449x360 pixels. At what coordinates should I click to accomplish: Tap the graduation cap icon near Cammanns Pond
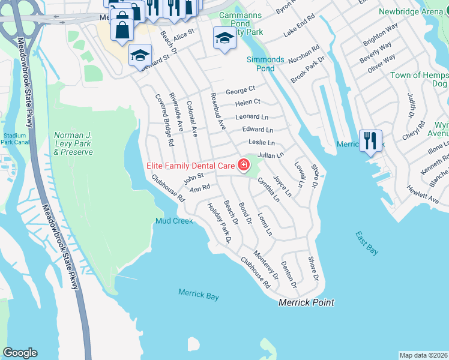tap(224, 38)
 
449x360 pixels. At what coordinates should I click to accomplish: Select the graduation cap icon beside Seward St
tap(140, 56)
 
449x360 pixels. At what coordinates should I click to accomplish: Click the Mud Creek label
tap(174, 221)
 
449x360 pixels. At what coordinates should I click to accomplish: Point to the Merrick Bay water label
tap(198, 295)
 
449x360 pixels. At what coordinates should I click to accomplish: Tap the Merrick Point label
tap(306, 302)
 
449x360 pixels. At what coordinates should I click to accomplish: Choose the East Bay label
tap(366, 244)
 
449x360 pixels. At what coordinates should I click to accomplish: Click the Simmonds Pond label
tap(265, 64)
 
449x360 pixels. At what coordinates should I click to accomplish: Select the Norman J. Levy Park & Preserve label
tap(73, 143)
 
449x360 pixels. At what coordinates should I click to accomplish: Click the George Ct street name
tap(240, 91)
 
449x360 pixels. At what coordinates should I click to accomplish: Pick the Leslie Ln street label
tap(262, 143)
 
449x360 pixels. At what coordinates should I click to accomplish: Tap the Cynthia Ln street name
tap(268, 188)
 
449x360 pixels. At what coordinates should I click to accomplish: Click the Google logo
tap(20, 353)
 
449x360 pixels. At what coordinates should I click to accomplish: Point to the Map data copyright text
tap(423, 355)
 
